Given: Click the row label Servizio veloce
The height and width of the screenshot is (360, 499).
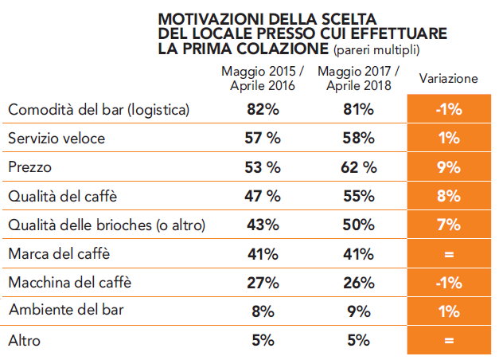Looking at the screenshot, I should (x=56, y=139).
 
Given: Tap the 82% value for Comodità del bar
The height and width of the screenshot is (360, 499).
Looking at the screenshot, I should (x=261, y=110).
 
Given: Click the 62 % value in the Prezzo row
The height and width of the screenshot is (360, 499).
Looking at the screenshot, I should (x=359, y=167).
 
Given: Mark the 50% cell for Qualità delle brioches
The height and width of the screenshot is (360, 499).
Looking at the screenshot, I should (x=359, y=225).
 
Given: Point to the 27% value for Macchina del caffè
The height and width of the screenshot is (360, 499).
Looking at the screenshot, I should (x=261, y=283).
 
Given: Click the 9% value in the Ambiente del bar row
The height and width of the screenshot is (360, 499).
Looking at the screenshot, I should (x=359, y=311).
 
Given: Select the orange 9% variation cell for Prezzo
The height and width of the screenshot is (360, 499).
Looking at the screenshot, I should (x=449, y=167).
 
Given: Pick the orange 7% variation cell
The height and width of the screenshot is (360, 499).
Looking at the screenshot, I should (x=449, y=225).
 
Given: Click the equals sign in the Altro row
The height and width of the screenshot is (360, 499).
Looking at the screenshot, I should (x=449, y=341).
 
